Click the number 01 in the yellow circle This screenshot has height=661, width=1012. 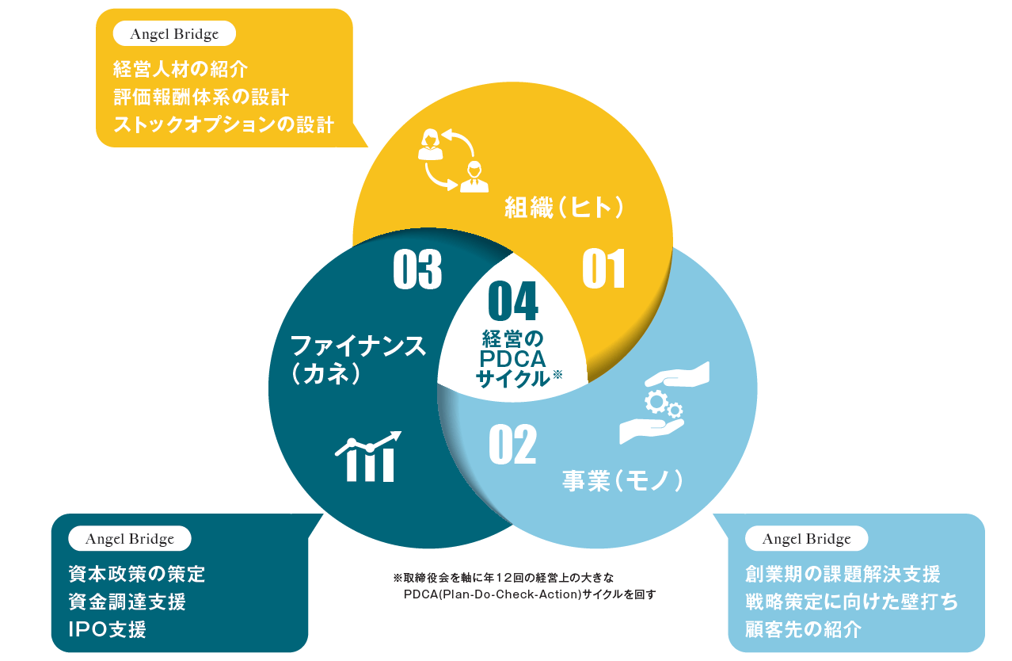pos(604,269)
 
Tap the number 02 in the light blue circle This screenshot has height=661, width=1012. pos(512,445)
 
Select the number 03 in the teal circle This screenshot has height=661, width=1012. pos(417,269)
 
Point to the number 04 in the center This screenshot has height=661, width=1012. pos(513,302)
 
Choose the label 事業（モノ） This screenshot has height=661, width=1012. pos(622,480)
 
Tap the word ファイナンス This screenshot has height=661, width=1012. pos(359,346)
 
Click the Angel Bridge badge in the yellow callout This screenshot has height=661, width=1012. pos(176,34)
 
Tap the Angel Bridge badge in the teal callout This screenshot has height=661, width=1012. pos(130,539)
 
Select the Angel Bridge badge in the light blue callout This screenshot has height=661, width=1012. pos(806,539)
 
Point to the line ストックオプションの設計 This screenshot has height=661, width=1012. pos(223,125)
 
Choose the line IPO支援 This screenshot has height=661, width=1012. pos(107,630)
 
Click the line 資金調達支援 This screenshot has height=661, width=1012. pos(127,602)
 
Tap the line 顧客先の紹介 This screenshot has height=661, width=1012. pos(803,630)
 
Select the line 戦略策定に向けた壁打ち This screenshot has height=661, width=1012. pos(851,602)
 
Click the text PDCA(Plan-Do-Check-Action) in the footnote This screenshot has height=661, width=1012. pos(491,594)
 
